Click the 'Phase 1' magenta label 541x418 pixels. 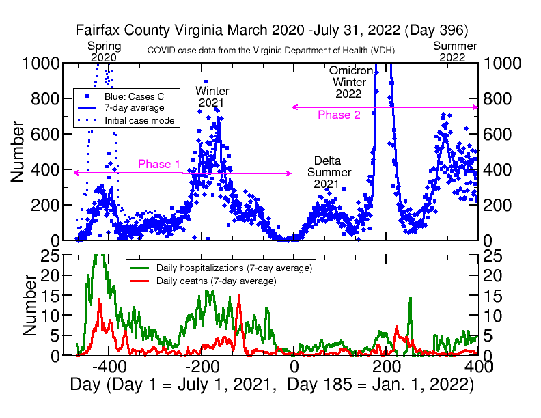[x=159, y=164]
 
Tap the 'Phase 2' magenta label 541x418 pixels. [x=339, y=115]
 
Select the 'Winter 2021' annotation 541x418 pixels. [x=212, y=97]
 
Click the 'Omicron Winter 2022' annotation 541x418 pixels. [x=350, y=82]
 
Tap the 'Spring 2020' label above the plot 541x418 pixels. [x=105, y=52]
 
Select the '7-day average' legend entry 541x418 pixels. [x=134, y=108]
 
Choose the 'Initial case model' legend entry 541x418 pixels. [x=141, y=120]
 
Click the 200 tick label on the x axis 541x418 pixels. [x=386, y=366]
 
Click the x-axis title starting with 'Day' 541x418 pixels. [x=272, y=384]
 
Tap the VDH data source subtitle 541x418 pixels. [x=271, y=51]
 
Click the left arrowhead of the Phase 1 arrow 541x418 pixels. [x=75, y=173]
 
